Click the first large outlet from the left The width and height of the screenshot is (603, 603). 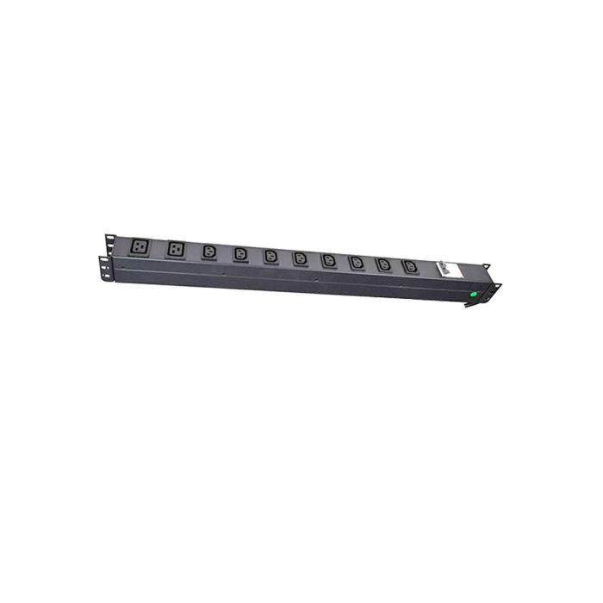tap(140, 246)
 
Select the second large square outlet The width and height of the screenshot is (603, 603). tap(177, 248)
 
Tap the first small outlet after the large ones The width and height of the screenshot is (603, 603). tap(209, 252)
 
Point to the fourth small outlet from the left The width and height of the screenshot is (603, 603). tap(300, 258)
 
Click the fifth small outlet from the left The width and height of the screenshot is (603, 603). tap(328, 259)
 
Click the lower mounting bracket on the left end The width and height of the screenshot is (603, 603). tap(104, 267)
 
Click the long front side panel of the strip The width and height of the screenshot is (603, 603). tap(284, 280)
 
